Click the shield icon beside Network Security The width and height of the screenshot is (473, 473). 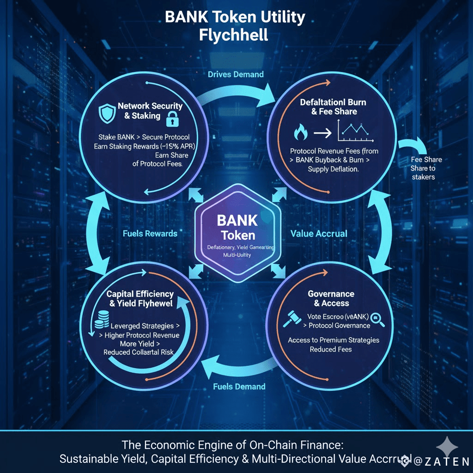(107, 112)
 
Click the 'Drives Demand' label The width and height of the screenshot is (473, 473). (236, 74)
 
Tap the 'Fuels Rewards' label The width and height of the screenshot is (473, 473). (150, 233)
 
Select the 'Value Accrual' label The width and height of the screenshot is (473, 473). (319, 233)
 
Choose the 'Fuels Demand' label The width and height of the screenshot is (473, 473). (239, 386)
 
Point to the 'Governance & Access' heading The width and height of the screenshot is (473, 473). (331, 298)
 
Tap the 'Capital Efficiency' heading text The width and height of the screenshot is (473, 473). (140, 294)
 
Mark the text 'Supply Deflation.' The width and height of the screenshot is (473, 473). (333, 169)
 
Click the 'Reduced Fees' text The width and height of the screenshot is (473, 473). (331, 349)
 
